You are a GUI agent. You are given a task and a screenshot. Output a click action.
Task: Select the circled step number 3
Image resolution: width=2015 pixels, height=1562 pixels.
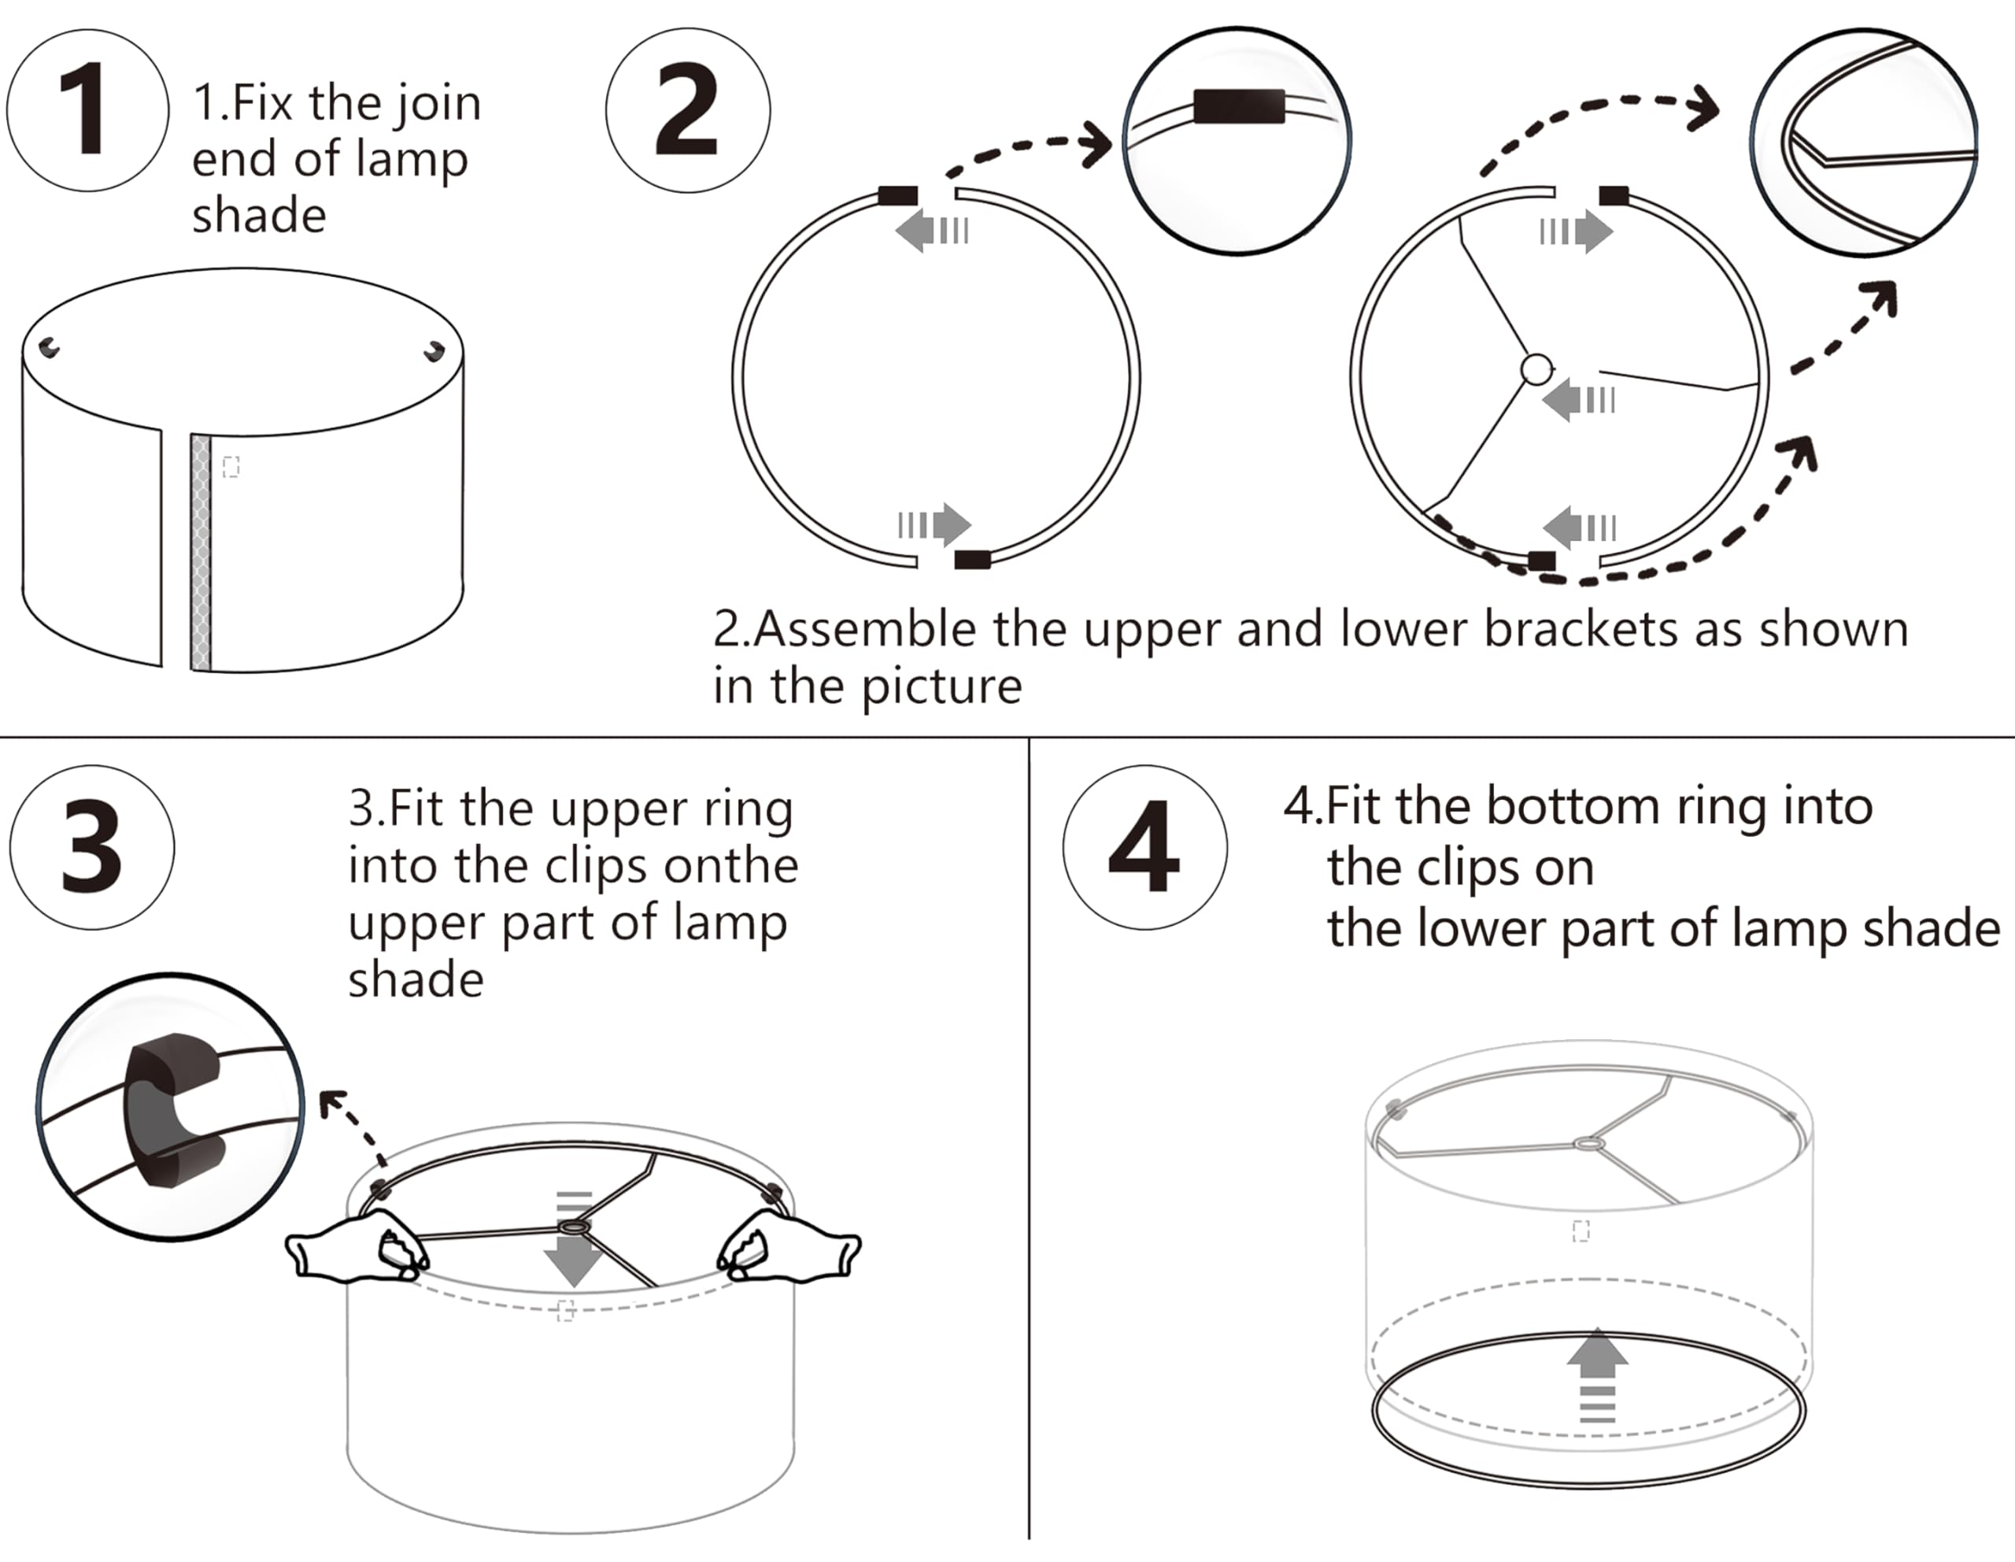click(x=91, y=846)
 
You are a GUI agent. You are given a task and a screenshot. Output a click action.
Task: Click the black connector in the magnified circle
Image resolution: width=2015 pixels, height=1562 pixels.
click(x=1238, y=106)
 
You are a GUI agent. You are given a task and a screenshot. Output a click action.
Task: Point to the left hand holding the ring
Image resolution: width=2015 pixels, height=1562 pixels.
click(x=355, y=1249)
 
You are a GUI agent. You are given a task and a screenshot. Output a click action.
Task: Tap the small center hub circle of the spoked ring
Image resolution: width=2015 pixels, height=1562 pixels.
click(x=1536, y=369)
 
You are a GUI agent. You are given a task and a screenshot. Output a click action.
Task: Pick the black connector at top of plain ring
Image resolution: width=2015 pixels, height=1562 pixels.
click(x=898, y=195)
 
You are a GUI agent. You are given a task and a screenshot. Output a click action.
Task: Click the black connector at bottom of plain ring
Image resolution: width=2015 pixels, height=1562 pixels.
click(x=971, y=559)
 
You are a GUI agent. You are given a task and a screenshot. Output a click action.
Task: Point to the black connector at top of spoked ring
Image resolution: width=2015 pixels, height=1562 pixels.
click(x=1614, y=195)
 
